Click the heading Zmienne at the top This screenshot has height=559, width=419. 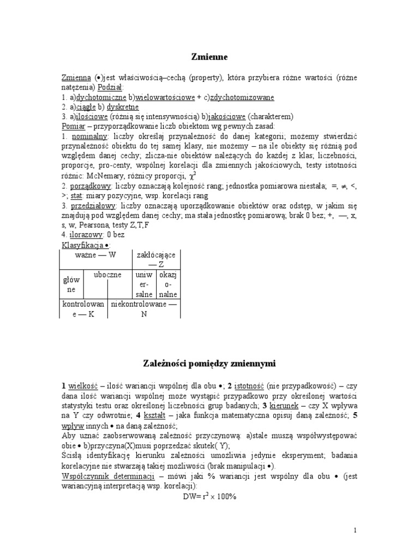[x=209, y=56]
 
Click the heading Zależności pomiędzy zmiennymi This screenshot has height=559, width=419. [x=209, y=362]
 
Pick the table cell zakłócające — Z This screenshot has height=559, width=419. [x=156, y=259]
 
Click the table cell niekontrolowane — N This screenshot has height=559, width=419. [x=144, y=309]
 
